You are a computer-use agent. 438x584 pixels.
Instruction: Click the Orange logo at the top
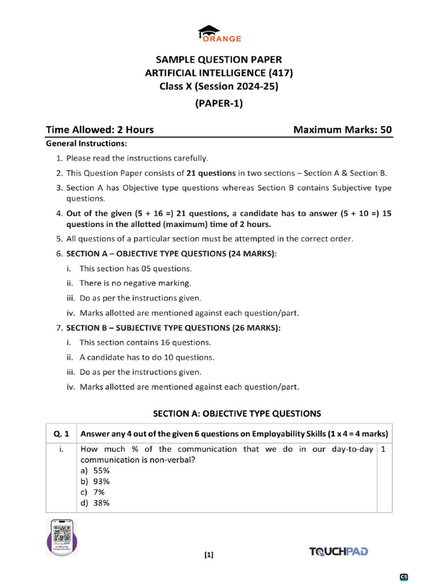219,34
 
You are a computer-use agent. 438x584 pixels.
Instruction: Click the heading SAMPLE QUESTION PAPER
219,59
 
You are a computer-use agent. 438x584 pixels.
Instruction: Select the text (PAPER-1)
219,103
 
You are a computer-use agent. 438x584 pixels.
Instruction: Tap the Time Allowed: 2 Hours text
100,129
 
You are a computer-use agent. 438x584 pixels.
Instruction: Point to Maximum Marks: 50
342,129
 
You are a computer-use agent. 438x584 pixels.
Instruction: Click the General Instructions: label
86,143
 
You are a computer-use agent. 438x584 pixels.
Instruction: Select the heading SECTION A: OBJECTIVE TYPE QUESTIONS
237,413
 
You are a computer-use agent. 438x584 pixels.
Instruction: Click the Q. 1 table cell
61,432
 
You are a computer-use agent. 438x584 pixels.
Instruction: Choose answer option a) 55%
95,471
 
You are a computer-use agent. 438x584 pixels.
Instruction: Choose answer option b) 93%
95,481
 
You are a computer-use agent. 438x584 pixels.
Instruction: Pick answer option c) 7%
93,492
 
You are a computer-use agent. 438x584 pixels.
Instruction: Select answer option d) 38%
95,503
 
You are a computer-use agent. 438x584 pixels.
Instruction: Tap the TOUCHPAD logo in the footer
338,551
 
